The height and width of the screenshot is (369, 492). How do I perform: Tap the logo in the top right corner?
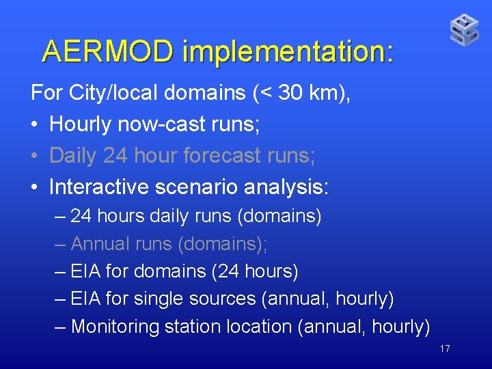(x=464, y=30)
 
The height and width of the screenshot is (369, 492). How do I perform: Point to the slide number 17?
(x=445, y=349)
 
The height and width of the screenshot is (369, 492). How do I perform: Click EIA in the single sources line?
(x=86, y=299)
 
